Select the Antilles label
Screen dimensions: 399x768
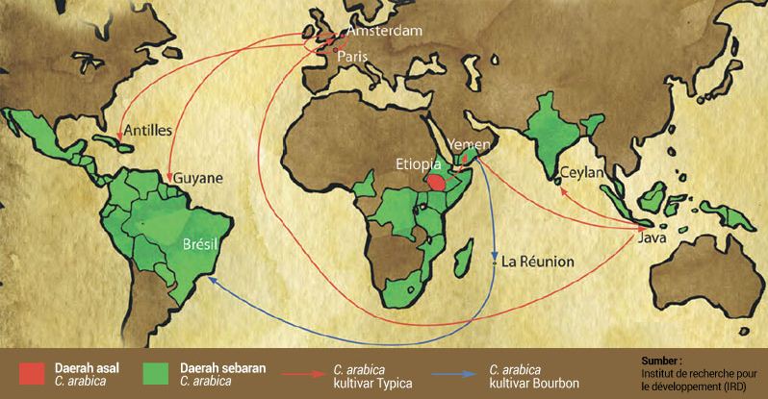pyautogui.click(x=148, y=129)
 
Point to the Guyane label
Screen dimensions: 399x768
pyautogui.click(x=198, y=179)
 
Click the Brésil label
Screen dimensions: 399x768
pyautogui.click(x=201, y=244)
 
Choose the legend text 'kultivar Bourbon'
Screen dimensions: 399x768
pyautogui.click(x=534, y=383)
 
